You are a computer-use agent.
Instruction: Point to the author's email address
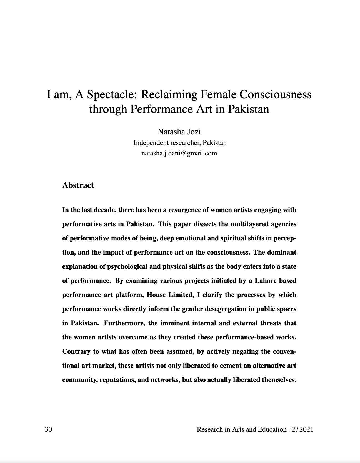(x=179, y=153)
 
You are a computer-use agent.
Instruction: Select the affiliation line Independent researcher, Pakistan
(x=180, y=143)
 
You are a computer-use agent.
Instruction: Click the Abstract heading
(x=78, y=185)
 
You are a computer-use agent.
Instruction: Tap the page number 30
(x=48, y=429)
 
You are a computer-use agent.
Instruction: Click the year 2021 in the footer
(x=307, y=429)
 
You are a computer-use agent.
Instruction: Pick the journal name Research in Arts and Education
(x=241, y=429)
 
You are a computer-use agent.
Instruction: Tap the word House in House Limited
(x=156, y=295)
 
